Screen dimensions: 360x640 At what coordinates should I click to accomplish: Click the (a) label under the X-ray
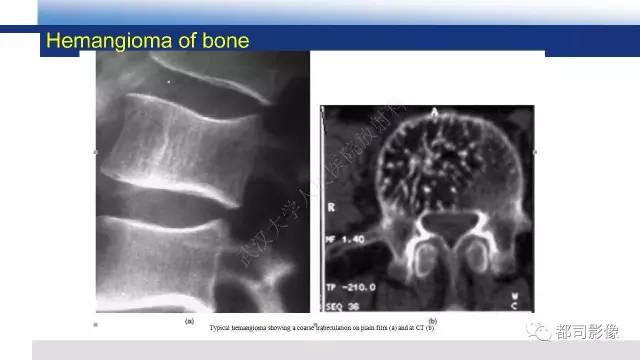pyautogui.click(x=189, y=321)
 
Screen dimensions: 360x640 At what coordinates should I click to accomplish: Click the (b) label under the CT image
pyautogui.click(x=432, y=321)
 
